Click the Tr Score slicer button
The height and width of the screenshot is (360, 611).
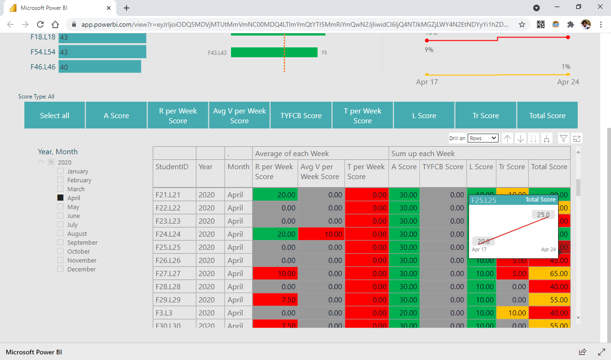pyautogui.click(x=485, y=115)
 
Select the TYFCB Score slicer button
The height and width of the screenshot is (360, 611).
pyautogui.click(x=301, y=115)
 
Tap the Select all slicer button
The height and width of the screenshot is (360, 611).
pyautogui.click(x=54, y=115)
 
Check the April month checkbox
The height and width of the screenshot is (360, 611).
pyautogui.click(x=60, y=198)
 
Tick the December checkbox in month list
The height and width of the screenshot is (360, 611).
pyautogui.click(x=60, y=269)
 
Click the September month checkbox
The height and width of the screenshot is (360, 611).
pyautogui.click(x=60, y=242)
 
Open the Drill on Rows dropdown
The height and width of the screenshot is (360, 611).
pyautogui.click(x=483, y=138)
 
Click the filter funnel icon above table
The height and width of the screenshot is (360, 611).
pyautogui.click(x=564, y=138)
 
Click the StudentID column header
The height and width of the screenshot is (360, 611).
pyautogui.click(x=172, y=167)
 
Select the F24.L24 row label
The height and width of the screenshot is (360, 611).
pyautogui.click(x=168, y=234)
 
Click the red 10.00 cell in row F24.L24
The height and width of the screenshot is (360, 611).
pyautogui.click(x=321, y=234)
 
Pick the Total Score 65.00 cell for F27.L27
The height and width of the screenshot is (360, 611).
pyautogui.click(x=549, y=273)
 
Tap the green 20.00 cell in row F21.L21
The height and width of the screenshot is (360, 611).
pyautogui.click(x=275, y=195)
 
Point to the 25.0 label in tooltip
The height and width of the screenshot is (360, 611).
pyautogui.click(x=543, y=215)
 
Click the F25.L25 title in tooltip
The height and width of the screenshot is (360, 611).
pyautogui.click(x=484, y=200)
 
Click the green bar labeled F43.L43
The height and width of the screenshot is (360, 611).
pyautogui.click(x=274, y=52)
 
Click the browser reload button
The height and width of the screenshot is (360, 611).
pyautogui.click(x=40, y=24)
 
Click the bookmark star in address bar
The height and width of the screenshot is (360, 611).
pyautogui.click(x=522, y=24)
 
